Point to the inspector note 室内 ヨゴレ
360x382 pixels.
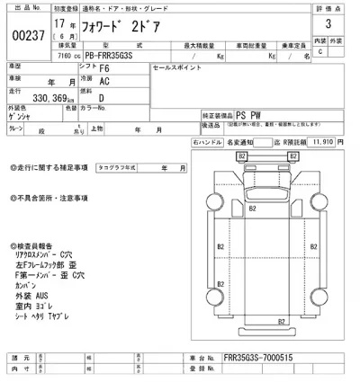[36, 305]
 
